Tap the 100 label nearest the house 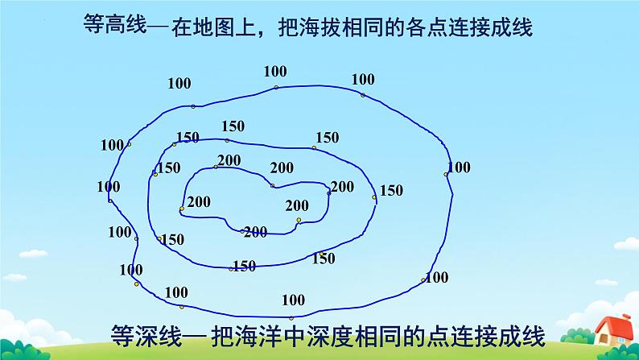coord(436,277)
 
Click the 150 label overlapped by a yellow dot coord(323,258)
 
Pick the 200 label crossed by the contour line coord(255,232)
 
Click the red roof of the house coord(614,326)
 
